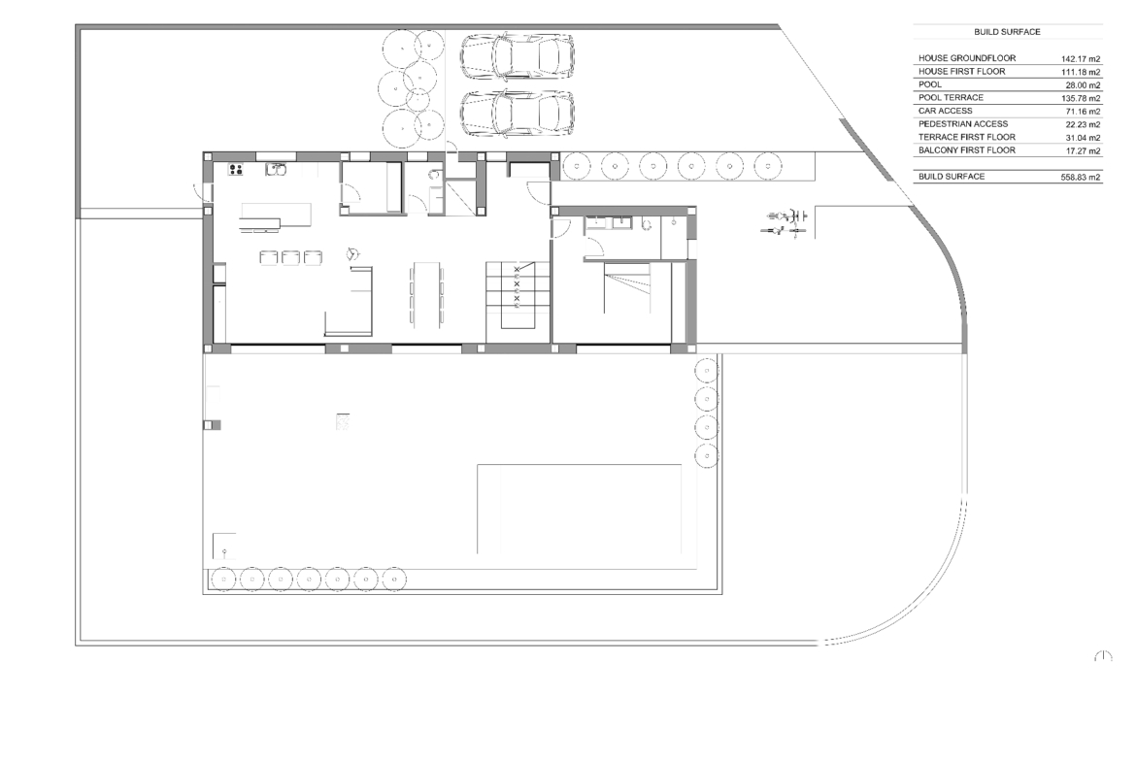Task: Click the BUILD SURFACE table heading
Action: pyautogui.click(x=1006, y=32)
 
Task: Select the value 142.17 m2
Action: pyautogui.click(x=1081, y=59)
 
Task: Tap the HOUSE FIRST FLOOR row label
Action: pyautogui.click(x=961, y=71)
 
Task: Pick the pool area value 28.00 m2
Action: pyautogui.click(x=1084, y=85)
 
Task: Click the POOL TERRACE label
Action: pyautogui.click(x=951, y=97)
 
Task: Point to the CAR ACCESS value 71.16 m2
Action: pyautogui.click(x=1084, y=112)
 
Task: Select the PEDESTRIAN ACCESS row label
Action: pyautogui.click(x=963, y=124)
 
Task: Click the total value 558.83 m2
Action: pyautogui.click(x=1081, y=177)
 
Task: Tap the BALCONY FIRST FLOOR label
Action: pyautogui.click(x=966, y=149)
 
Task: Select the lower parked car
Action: pyautogui.click(x=518, y=113)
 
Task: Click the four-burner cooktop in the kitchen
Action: pyautogui.click(x=236, y=170)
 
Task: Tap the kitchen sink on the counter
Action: pyautogui.click(x=276, y=170)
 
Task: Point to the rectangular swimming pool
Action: pyautogui.click(x=579, y=509)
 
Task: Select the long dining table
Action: pyautogui.click(x=426, y=293)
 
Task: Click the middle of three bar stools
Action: pyautogui.click(x=290, y=257)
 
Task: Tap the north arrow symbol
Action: pyautogui.click(x=1103, y=656)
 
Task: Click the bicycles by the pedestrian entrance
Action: pyautogui.click(x=784, y=224)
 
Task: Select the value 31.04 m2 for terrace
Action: pyautogui.click(x=1084, y=138)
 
